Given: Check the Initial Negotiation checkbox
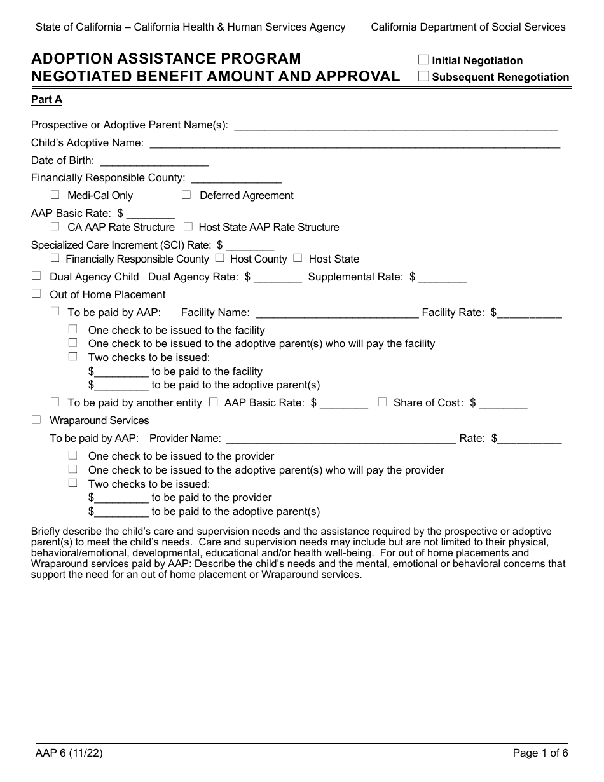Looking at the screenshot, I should (423, 60).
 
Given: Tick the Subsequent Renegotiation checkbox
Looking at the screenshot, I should (423, 76).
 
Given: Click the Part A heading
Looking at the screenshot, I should (47, 99).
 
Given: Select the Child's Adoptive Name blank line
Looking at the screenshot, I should (354, 144).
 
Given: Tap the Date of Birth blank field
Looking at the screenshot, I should (154, 161).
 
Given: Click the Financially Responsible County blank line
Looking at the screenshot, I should (236, 179).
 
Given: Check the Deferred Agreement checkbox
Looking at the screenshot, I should (186, 195).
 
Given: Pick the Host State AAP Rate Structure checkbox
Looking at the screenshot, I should (188, 226).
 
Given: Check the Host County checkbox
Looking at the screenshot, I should (219, 258).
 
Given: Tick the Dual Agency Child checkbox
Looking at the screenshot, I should (36, 276).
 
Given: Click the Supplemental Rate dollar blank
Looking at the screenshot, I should (443, 278).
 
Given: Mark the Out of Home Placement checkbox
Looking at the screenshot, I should (36, 294).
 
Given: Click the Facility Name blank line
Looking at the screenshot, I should (336, 313).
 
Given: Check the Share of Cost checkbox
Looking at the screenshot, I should (382, 402).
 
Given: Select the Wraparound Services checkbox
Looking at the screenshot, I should (36, 420).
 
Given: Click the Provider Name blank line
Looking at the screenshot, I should (340, 439).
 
